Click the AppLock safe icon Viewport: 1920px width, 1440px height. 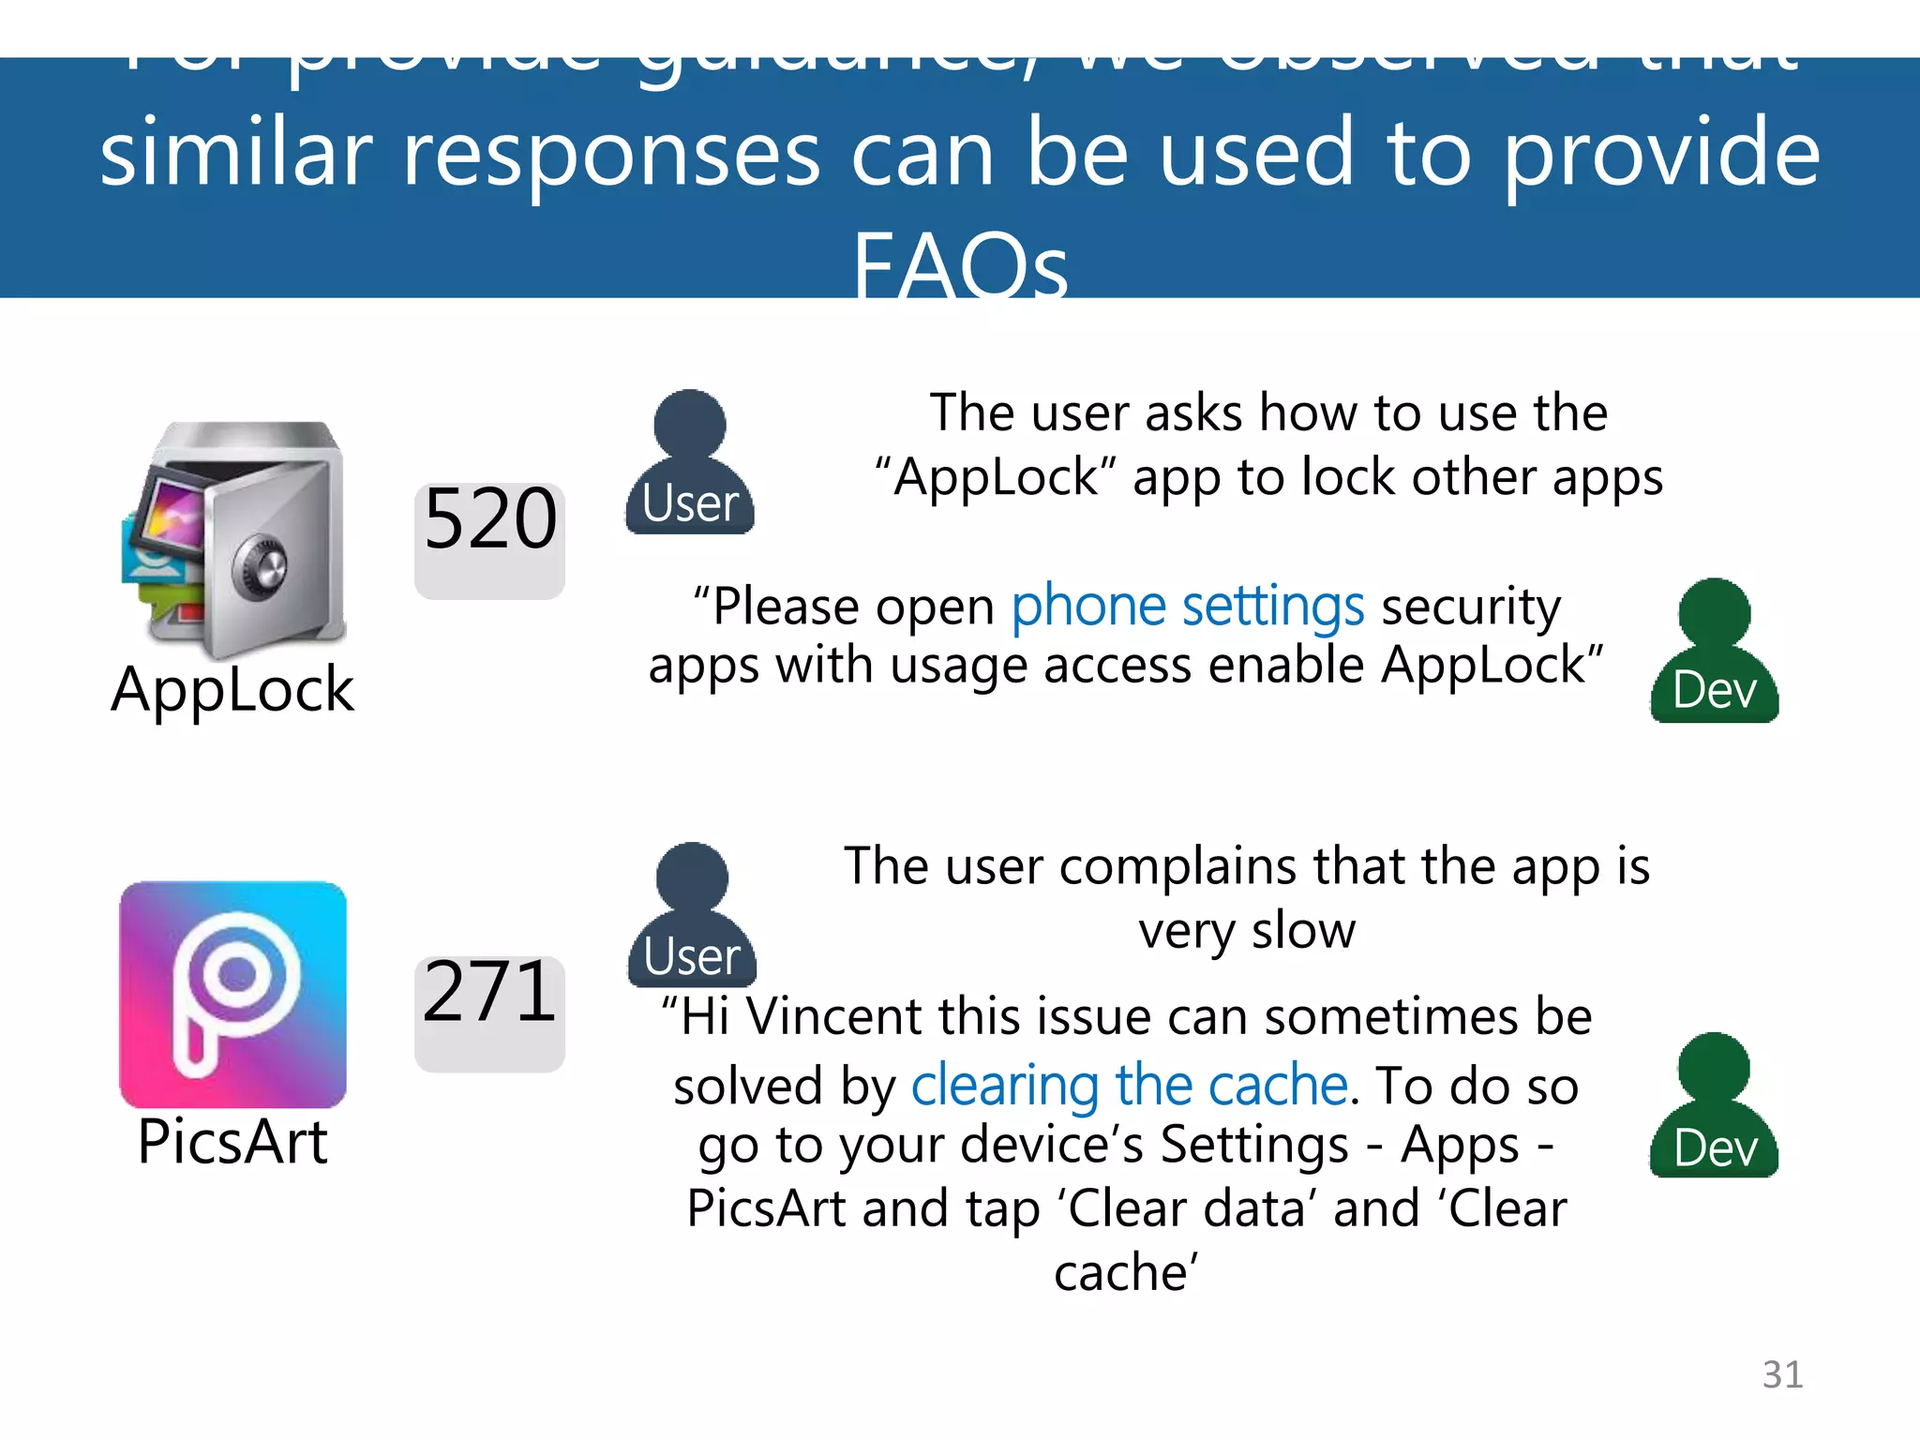234,539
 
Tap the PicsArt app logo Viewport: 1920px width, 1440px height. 233,994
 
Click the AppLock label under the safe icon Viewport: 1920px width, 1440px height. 232,690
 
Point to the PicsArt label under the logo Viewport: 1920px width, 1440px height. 232,1142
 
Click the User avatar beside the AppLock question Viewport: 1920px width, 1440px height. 690,464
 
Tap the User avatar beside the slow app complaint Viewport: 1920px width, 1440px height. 692,916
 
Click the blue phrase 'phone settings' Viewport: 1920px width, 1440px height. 1188,607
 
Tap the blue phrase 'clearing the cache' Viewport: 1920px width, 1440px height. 1130,1086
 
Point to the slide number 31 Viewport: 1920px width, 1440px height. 1782,1374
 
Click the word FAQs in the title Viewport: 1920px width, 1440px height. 960,265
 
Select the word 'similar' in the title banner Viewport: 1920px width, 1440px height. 236,155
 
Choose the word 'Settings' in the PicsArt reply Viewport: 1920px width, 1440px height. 1255,1145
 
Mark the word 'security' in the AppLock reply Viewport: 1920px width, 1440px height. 1471,607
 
